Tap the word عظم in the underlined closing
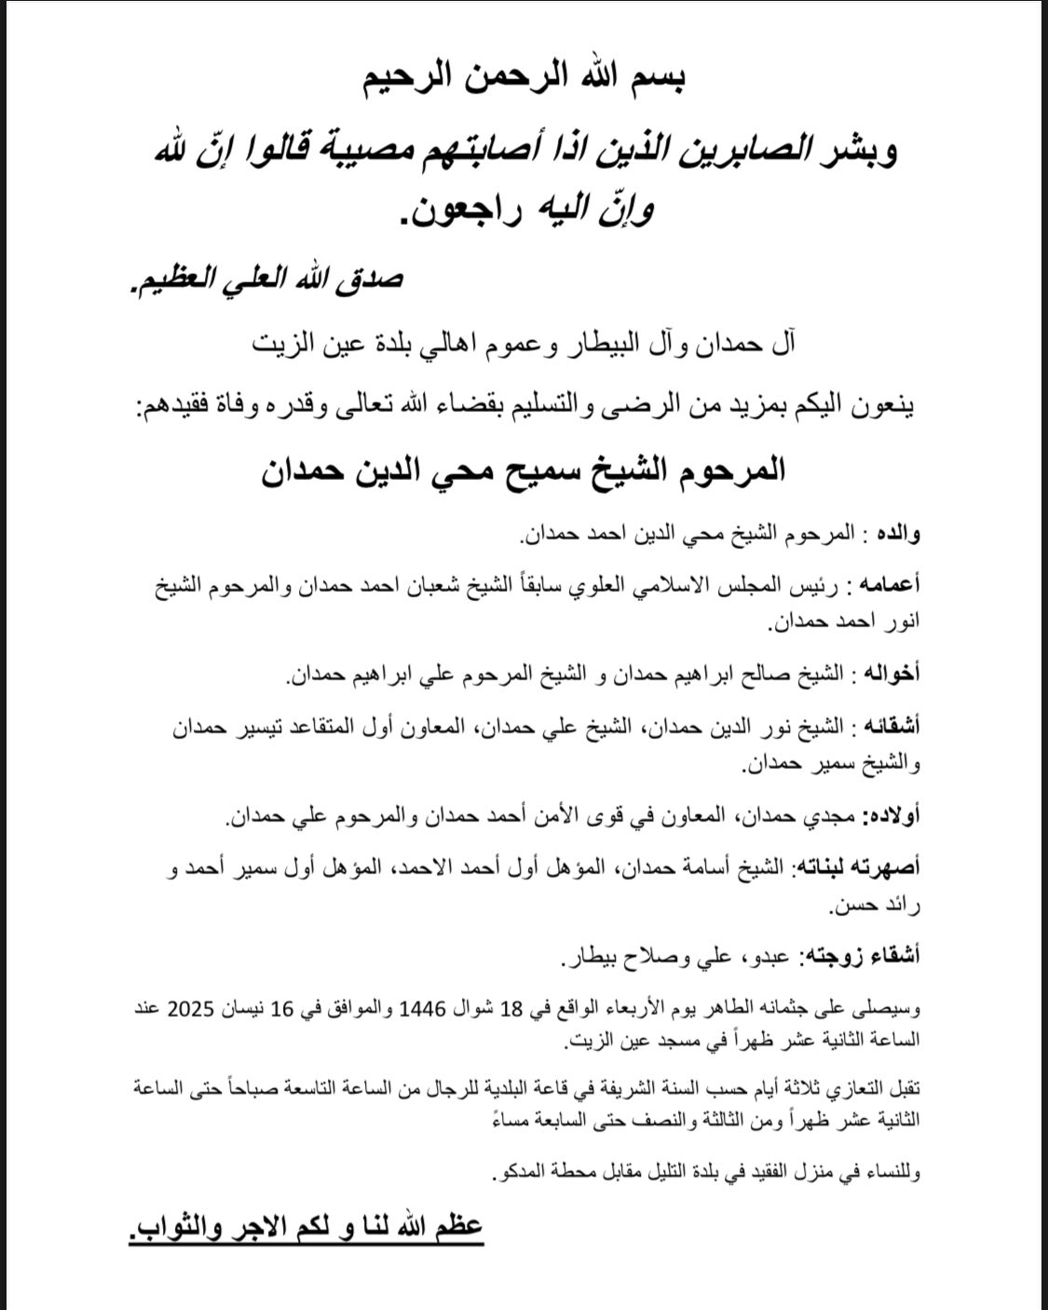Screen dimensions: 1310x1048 pyautogui.click(x=456, y=1227)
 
